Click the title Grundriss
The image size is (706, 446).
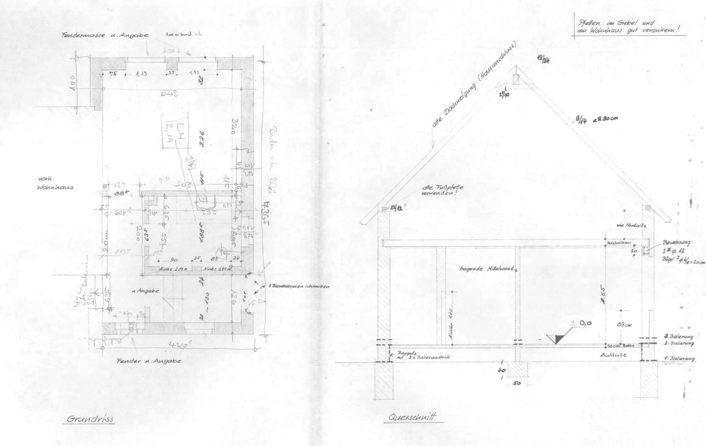[90, 419]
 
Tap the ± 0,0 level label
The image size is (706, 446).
[582, 323]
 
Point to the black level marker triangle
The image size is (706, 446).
[558, 339]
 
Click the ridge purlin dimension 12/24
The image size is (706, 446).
[543, 59]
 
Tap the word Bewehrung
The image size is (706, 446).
[676, 242]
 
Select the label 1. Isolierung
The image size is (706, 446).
[679, 359]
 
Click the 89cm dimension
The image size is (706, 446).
[624, 325]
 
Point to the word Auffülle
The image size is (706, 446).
[613, 355]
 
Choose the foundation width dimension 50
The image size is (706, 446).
[517, 383]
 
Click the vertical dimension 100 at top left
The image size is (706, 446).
[73, 83]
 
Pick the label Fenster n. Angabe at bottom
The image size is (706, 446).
[149, 361]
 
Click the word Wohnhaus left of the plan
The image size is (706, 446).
[55, 188]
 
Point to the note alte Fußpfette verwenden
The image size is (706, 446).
[442, 190]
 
